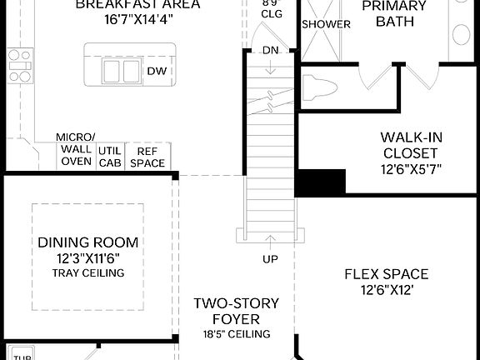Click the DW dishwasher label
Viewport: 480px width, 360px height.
point(157,71)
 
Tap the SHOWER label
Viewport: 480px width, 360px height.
point(326,24)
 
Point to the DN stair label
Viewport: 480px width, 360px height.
point(270,49)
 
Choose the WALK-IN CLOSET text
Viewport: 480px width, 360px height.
point(409,145)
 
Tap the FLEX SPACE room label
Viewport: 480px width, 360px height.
point(386,273)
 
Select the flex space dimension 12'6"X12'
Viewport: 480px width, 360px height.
point(386,290)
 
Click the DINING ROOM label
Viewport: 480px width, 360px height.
point(87,242)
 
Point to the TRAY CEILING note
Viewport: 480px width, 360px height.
point(87,272)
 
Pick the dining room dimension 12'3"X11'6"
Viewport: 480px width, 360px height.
point(87,258)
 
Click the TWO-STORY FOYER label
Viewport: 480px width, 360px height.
point(236,311)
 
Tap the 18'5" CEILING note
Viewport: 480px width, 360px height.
point(236,334)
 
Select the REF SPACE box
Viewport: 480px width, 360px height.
point(147,157)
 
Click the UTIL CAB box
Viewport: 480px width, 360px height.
point(109,157)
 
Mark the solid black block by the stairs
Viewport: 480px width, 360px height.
point(321,182)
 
